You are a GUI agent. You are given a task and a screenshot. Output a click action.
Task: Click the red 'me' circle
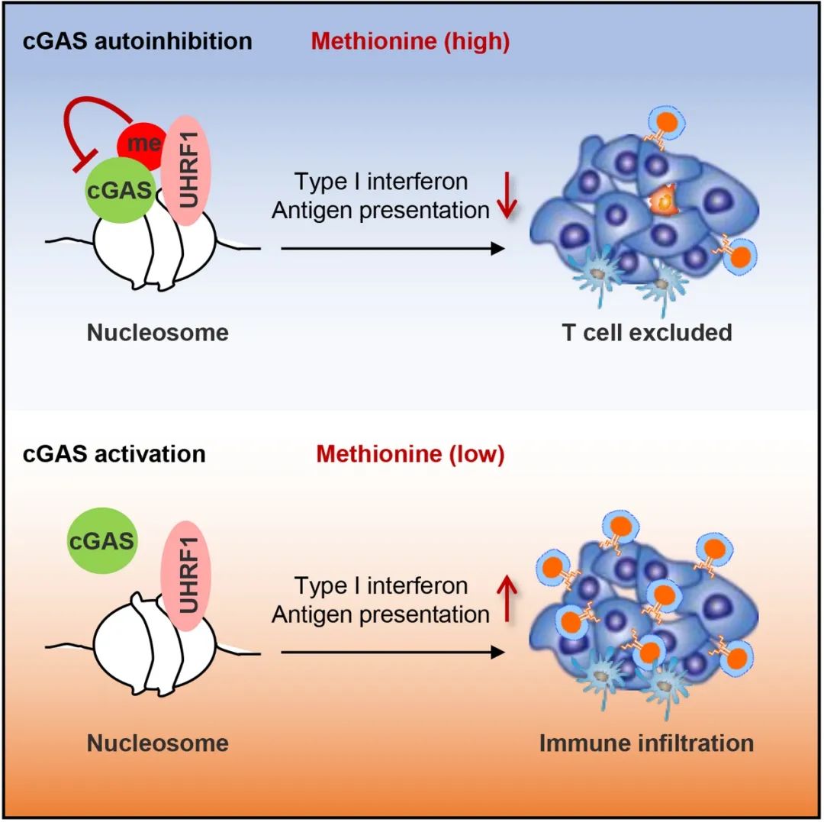coord(140,146)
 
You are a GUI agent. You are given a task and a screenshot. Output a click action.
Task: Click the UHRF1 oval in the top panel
coord(188,169)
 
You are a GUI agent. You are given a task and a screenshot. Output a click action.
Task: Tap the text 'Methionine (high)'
coord(410,41)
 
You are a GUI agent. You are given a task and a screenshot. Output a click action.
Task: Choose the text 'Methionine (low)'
coord(410,454)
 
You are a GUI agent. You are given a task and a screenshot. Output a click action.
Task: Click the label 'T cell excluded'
coord(647,333)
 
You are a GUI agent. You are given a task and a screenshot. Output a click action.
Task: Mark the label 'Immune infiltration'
coord(646,743)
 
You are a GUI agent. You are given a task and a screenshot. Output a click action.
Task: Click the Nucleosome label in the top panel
coord(158,333)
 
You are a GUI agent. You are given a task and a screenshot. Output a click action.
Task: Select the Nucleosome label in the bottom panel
coord(158,743)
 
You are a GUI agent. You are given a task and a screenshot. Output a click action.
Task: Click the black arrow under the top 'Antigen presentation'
coord(392,249)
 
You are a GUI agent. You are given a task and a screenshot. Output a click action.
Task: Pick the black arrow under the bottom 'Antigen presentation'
coord(392,653)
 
